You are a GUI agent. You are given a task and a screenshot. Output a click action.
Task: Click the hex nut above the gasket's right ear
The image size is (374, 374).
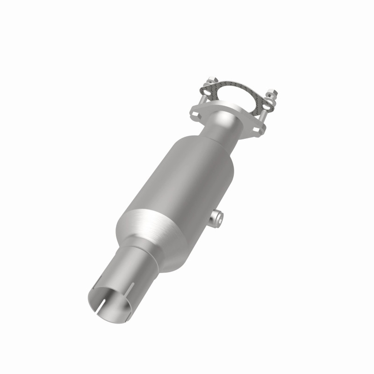click(272, 92)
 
